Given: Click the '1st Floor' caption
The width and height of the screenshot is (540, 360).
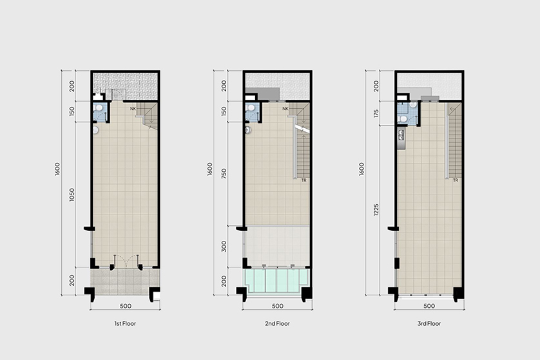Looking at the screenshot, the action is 125,323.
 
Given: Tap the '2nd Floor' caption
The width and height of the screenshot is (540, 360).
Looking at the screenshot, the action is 277,323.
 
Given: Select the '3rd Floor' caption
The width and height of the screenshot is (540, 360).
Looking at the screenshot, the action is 429,323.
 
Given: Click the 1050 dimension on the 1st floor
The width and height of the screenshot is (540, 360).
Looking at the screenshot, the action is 72,194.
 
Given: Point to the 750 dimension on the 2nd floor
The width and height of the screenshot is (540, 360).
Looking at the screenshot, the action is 224,174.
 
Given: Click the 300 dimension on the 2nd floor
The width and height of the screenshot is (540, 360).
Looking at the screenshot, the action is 224,247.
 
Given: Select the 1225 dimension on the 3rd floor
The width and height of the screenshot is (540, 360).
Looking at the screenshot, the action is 376,209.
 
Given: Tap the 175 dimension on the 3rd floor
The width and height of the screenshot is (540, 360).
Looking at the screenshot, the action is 376,113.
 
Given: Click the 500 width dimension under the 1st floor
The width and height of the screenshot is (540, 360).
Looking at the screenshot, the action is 126,306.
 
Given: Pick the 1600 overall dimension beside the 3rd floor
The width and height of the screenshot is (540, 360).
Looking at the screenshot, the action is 362,169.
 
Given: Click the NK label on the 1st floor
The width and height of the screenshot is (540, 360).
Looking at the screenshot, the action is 133,109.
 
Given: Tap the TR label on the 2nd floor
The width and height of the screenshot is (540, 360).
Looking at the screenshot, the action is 304,180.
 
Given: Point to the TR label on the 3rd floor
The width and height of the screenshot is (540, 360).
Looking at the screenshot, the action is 456,180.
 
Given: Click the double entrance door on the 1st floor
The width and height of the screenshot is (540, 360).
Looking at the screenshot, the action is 126,261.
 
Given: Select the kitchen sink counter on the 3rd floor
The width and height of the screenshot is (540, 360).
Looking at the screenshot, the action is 401,138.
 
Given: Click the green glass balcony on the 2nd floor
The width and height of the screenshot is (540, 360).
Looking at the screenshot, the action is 276,281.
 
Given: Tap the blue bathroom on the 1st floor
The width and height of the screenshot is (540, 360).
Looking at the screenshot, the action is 101,111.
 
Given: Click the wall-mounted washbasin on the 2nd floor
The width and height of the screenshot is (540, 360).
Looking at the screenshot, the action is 247,130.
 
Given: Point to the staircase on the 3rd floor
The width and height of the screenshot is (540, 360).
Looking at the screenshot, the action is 454,140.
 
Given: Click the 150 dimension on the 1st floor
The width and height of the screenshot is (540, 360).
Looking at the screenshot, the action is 72,111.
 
